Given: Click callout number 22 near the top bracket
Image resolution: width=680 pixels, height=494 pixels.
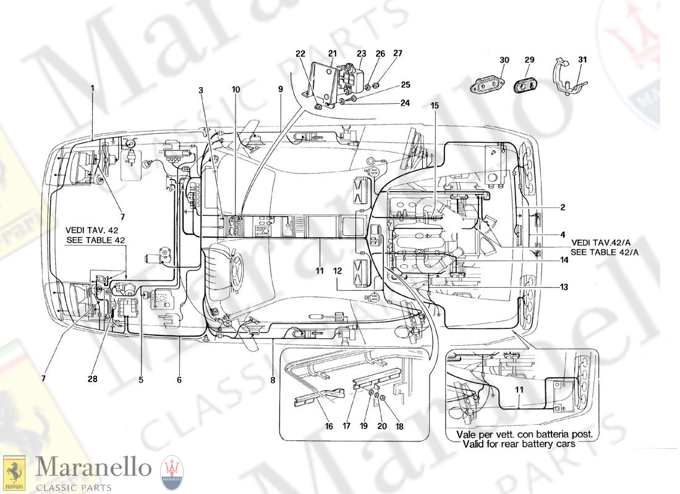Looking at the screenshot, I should click(300, 54).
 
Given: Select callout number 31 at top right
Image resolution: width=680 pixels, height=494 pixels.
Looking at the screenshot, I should click(582, 60).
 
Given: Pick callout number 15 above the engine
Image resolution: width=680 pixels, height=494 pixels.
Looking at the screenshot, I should click(435, 106).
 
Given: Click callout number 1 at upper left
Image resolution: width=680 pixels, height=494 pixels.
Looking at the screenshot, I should click(93, 88).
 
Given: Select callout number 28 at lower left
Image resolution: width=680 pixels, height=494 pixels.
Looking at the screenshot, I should click(92, 379).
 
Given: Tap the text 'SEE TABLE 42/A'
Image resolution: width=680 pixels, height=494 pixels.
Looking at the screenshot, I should click(605, 253).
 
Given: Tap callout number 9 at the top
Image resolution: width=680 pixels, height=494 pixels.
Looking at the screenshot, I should click(280, 89).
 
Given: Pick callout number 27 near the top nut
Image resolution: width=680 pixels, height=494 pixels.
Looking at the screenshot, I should click(397, 54).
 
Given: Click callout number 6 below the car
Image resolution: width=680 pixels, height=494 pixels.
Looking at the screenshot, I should click(179, 380).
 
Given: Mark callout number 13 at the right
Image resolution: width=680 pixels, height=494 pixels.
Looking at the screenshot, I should click(564, 287).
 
